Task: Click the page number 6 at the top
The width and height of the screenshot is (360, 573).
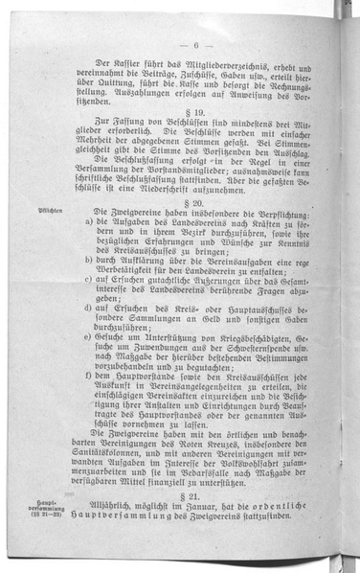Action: [194, 45]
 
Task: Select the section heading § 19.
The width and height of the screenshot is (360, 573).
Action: [195, 140]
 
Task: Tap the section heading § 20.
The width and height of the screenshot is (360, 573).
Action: [195, 232]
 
